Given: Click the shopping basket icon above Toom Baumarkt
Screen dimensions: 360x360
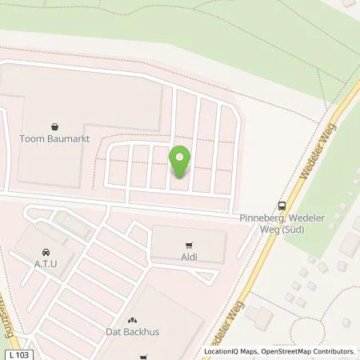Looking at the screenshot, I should tap(54, 126).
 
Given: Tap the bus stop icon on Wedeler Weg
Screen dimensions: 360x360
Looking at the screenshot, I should tap(281, 204).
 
